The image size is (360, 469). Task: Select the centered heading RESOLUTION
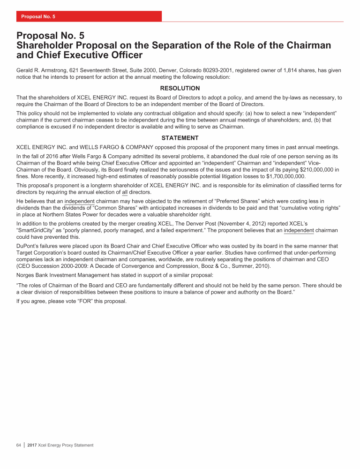coord(180,88)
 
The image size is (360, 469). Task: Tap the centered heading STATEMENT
coord(180,138)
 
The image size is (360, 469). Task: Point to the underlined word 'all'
coord(125,192)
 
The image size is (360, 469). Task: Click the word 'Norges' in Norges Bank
coord(26,275)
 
